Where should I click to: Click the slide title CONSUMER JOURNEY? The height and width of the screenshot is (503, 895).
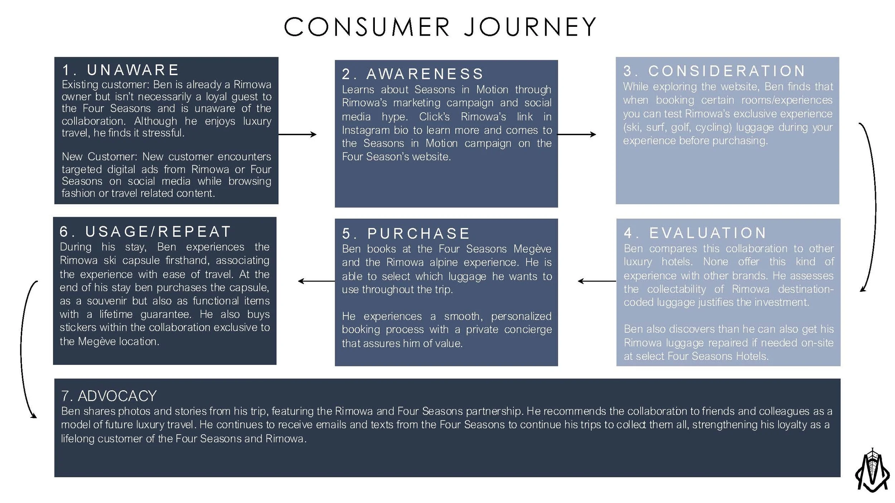440,27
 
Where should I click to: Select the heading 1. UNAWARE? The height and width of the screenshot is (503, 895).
120,70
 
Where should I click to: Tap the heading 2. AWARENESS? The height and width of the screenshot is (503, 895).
412,74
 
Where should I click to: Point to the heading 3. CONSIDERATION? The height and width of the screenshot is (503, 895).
714,71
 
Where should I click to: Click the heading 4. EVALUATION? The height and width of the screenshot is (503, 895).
695,233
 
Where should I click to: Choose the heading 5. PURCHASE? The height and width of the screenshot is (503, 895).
406,234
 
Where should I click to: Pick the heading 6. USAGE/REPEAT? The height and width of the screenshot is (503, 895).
145,232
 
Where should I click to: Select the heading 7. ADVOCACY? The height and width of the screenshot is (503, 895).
109,396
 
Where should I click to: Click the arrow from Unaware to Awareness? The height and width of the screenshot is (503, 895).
297,135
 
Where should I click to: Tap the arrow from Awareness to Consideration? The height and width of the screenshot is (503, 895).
576,135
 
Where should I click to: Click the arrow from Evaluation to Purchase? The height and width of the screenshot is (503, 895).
597,281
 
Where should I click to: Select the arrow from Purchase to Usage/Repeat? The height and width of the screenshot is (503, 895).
316,281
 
